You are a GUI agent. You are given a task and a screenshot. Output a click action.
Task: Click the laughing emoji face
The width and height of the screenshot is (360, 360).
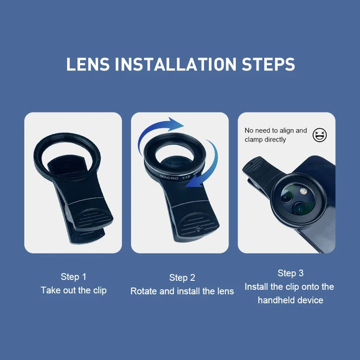[320, 135]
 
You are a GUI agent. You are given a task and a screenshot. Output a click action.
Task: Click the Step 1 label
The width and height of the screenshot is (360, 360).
[73, 276]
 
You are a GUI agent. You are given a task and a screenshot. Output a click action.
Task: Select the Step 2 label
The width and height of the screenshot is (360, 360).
[182, 277]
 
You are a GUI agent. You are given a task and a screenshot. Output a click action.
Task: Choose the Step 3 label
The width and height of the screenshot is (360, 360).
[290, 273]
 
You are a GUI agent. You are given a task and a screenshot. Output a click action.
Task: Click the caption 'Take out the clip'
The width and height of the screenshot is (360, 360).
[73, 290]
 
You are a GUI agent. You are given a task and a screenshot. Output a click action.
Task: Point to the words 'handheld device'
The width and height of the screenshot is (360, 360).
[290, 300]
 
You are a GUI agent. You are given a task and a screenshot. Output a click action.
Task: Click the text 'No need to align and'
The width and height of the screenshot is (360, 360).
[276, 130]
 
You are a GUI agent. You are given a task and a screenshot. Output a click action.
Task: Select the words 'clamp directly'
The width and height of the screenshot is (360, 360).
[265, 139]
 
